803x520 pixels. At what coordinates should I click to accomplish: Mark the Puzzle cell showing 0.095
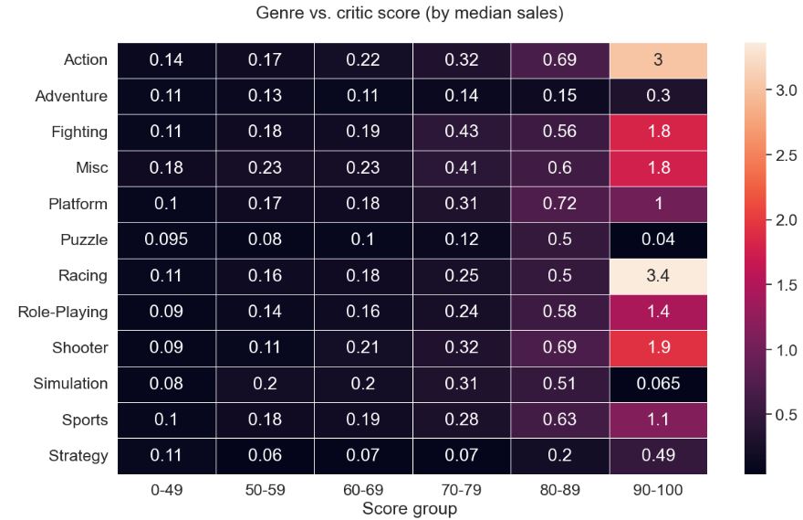(x=167, y=240)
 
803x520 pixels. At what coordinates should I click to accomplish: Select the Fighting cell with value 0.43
(x=461, y=133)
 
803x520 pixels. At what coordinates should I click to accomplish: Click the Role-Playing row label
(x=62, y=313)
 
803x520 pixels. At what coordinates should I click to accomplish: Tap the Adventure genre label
(x=70, y=96)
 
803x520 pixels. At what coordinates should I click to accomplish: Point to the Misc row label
(x=91, y=168)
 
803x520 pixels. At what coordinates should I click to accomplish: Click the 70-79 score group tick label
(x=461, y=490)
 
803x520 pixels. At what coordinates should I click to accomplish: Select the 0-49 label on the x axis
(x=167, y=490)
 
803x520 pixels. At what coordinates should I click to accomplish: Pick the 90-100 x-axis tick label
(x=657, y=490)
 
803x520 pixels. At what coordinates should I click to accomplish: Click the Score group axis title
(x=410, y=508)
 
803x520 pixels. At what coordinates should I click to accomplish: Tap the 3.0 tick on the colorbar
(x=783, y=91)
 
